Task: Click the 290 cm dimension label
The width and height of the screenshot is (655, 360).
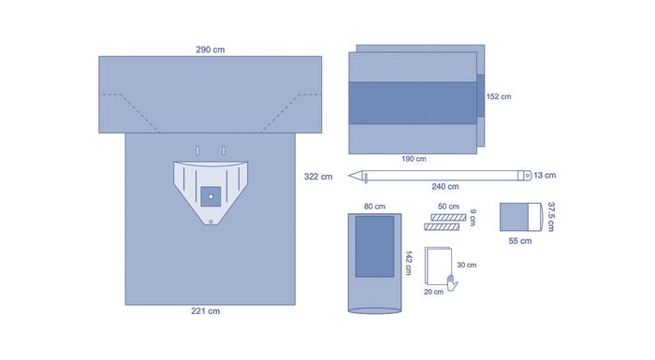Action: [211, 50]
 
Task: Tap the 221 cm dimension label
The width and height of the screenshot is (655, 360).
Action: [205, 311]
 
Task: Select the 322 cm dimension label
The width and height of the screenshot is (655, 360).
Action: [318, 177]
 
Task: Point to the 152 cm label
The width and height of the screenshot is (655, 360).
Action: [499, 96]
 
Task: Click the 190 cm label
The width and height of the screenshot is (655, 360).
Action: [414, 159]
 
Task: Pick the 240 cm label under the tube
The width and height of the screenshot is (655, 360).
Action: [445, 187]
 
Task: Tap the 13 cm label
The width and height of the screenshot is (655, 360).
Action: [545, 176]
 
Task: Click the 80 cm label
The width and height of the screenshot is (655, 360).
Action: [374, 207]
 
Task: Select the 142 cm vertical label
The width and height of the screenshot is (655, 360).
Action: [409, 263]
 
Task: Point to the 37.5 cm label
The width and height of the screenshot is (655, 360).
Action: [551, 216]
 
